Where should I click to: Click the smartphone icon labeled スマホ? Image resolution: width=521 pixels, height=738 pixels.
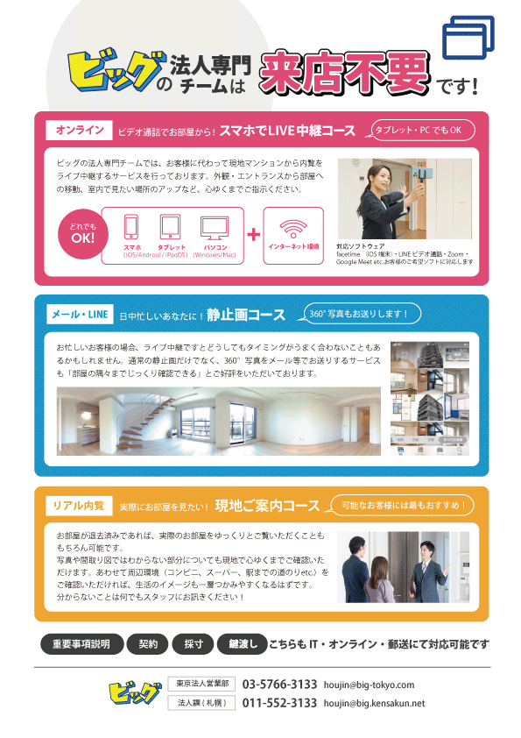point(130,228)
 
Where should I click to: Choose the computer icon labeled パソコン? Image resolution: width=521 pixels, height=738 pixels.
point(215,228)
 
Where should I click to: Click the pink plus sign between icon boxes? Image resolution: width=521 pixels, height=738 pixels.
point(254,235)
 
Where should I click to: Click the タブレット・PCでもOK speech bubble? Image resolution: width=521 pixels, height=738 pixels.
point(418,130)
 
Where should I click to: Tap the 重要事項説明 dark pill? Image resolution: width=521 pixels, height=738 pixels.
point(81,644)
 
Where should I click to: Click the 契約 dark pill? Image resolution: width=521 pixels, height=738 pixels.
point(147,644)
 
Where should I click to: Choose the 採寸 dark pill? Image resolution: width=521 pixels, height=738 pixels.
point(193,644)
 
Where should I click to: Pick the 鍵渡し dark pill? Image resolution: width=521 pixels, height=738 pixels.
point(242,644)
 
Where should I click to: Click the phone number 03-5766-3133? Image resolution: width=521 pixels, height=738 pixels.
point(279,685)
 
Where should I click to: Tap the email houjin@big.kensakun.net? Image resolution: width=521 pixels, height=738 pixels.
point(374,703)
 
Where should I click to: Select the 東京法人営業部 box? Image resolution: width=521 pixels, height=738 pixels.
point(201,684)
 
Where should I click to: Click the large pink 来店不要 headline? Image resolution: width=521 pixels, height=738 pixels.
point(344,73)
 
